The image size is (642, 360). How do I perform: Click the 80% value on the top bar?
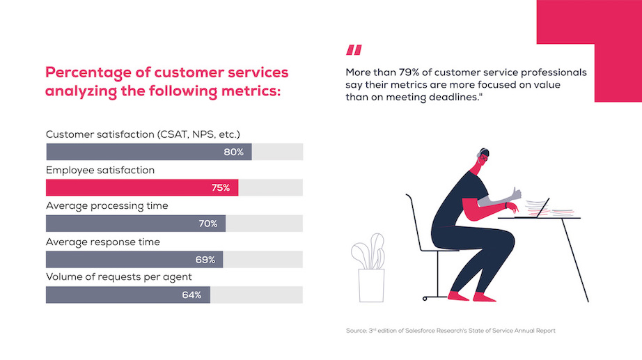coord(233,152)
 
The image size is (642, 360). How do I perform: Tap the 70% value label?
coord(208,224)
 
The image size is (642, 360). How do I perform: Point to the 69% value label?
coord(205,260)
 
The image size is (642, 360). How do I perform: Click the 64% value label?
coord(191,295)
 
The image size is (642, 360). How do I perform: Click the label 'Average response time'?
coord(102,242)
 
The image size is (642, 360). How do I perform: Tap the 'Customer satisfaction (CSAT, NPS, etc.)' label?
coord(147,134)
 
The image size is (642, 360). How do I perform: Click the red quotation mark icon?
coord(354,50)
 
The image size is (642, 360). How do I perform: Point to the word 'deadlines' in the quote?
coord(455,97)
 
